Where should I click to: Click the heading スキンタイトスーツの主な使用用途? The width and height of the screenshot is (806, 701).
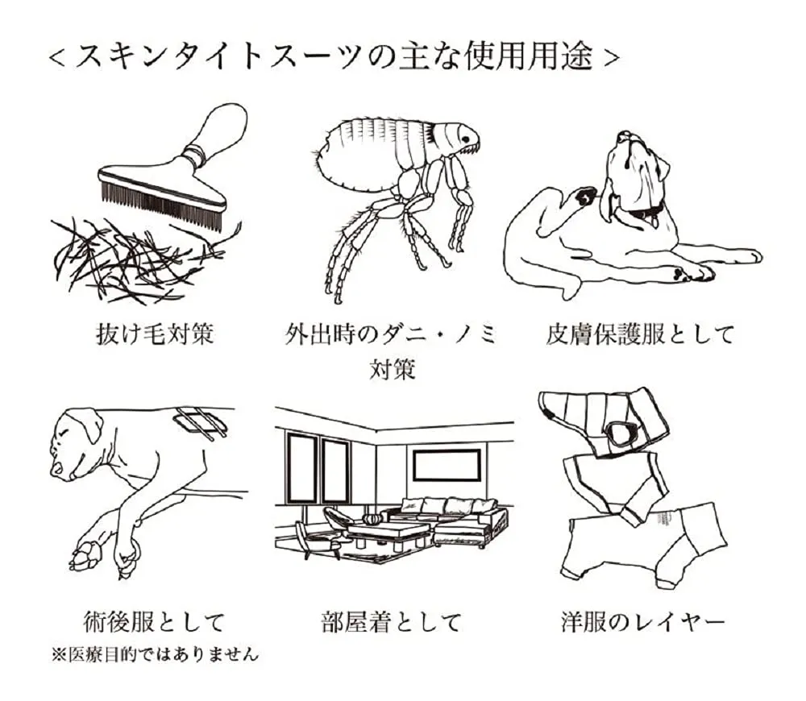tap(334, 57)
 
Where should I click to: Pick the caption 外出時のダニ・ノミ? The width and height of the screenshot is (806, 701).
tap(391, 333)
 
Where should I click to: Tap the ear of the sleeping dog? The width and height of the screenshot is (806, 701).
tap(89, 423)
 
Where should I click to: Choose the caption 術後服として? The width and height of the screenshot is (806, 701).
tap(154, 621)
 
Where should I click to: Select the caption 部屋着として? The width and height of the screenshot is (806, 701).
tap(391, 621)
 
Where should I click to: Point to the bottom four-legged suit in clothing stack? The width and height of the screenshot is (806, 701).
tap(645, 536)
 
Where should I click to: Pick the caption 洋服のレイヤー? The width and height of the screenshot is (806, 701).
tap(642, 621)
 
